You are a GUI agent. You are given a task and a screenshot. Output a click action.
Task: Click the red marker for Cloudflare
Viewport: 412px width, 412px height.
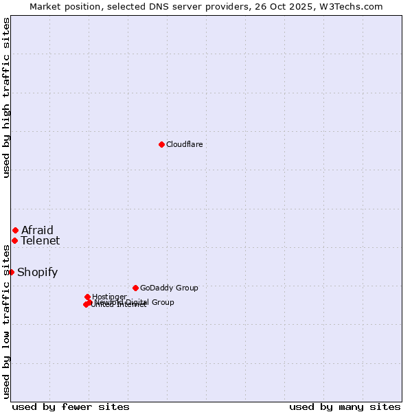pyautogui.click(x=161, y=144)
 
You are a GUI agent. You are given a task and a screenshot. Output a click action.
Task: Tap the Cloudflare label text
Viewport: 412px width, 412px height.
pyautogui.click(x=184, y=144)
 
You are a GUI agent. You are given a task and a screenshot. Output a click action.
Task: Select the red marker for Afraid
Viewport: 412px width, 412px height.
pyautogui.click(x=15, y=230)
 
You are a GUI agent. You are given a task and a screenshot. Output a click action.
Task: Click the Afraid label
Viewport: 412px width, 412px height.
pyautogui.click(x=37, y=230)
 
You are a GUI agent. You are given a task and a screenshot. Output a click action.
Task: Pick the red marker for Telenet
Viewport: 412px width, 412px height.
pyautogui.click(x=14, y=240)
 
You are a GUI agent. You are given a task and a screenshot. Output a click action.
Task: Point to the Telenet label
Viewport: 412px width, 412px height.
pyautogui.click(x=40, y=240)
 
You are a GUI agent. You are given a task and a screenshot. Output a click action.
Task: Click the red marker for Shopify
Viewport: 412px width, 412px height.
pyautogui.click(x=11, y=272)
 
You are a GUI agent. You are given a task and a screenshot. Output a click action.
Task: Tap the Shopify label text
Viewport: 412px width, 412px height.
pyautogui.click(x=37, y=273)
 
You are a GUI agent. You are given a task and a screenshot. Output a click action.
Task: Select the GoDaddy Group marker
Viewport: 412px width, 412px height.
pyautogui.click(x=135, y=288)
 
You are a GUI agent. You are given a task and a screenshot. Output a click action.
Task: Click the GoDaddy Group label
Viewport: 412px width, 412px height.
pyautogui.click(x=169, y=288)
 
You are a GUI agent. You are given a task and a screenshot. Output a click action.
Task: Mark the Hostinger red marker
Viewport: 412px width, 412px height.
pyautogui.click(x=87, y=297)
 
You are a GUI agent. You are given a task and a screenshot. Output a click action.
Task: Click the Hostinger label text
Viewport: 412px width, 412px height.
pyautogui.click(x=109, y=297)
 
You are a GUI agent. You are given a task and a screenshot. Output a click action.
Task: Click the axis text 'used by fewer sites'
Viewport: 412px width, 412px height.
pyautogui.click(x=71, y=407)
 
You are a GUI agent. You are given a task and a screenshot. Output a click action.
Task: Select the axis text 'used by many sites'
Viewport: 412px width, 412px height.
pyautogui.click(x=345, y=407)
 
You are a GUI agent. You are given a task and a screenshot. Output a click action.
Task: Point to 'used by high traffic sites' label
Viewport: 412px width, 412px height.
pyautogui.click(x=7, y=98)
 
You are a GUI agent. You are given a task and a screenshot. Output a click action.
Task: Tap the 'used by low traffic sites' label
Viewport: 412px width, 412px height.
pyautogui.click(x=7, y=321)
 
